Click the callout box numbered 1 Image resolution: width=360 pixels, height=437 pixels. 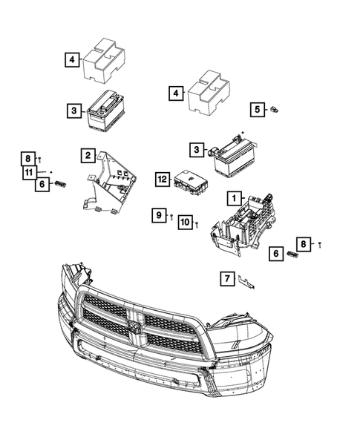233,198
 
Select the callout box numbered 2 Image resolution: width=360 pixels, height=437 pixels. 88,156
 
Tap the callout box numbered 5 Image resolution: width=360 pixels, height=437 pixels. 258,110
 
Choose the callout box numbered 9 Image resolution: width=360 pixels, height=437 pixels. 158,215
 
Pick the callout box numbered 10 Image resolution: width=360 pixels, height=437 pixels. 185,222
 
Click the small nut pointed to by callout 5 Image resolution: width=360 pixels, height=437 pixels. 274,110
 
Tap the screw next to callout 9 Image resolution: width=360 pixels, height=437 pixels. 171,217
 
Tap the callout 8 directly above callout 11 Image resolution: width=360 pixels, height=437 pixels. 27,159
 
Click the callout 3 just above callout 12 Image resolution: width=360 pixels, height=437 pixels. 196,151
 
